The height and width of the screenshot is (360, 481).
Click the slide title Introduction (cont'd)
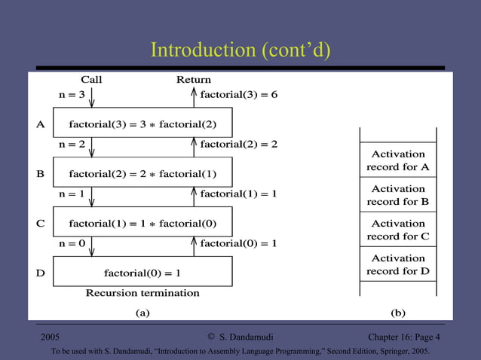[x=240, y=50]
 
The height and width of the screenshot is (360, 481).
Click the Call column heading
[x=91, y=80]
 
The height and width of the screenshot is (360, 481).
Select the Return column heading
[x=194, y=80]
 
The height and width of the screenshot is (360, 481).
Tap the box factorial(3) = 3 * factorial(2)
[x=142, y=124]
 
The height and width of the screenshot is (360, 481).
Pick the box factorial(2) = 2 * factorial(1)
[x=142, y=174]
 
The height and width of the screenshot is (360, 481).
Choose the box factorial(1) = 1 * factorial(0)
[x=142, y=224]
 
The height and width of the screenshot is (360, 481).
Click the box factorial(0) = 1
[x=142, y=272]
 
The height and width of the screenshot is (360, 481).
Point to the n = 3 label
[x=72, y=95]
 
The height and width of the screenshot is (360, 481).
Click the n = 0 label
[x=72, y=243]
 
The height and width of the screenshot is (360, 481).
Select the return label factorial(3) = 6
[x=239, y=95]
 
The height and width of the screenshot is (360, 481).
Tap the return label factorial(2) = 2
[x=239, y=144]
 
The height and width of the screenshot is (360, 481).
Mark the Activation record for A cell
[x=398, y=160]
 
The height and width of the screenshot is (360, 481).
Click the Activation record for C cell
[x=398, y=230]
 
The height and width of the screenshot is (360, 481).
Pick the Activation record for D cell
[x=398, y=264]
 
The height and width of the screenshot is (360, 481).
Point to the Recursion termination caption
[x=142, y=292]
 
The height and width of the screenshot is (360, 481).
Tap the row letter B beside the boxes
[x=41, y=174]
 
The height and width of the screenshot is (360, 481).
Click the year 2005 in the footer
[x=51, y=337]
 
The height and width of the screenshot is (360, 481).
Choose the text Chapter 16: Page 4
[x=400, y=337]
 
